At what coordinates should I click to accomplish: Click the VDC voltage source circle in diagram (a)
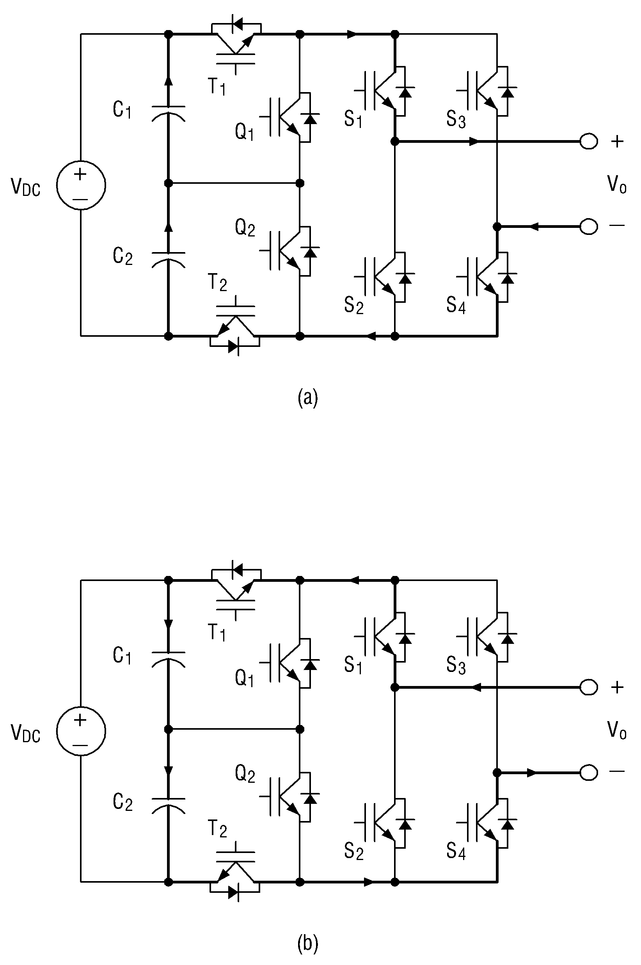pos(81,185)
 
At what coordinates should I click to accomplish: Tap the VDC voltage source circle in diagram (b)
pos(81,731)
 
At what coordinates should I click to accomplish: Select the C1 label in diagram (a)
pos(122,110)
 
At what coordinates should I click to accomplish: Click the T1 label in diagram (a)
pos(217,86)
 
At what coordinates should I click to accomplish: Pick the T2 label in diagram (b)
pos(217,828)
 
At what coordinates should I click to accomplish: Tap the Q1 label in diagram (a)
pos(245,132)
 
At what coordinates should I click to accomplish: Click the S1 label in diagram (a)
pos(353,119)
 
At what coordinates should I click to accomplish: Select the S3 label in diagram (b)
pos(456,665)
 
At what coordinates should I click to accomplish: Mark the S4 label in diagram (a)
pos(456,305)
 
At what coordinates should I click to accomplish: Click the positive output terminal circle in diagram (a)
pos(589,142)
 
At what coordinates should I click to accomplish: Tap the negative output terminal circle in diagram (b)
pos(589,772)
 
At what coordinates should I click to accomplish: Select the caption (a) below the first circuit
pos(307,398)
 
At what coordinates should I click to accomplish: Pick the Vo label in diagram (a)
pos(617,184)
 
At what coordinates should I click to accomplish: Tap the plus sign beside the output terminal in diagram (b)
pos(617,687)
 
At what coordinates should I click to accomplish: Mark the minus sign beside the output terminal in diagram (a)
pos(617,225)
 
